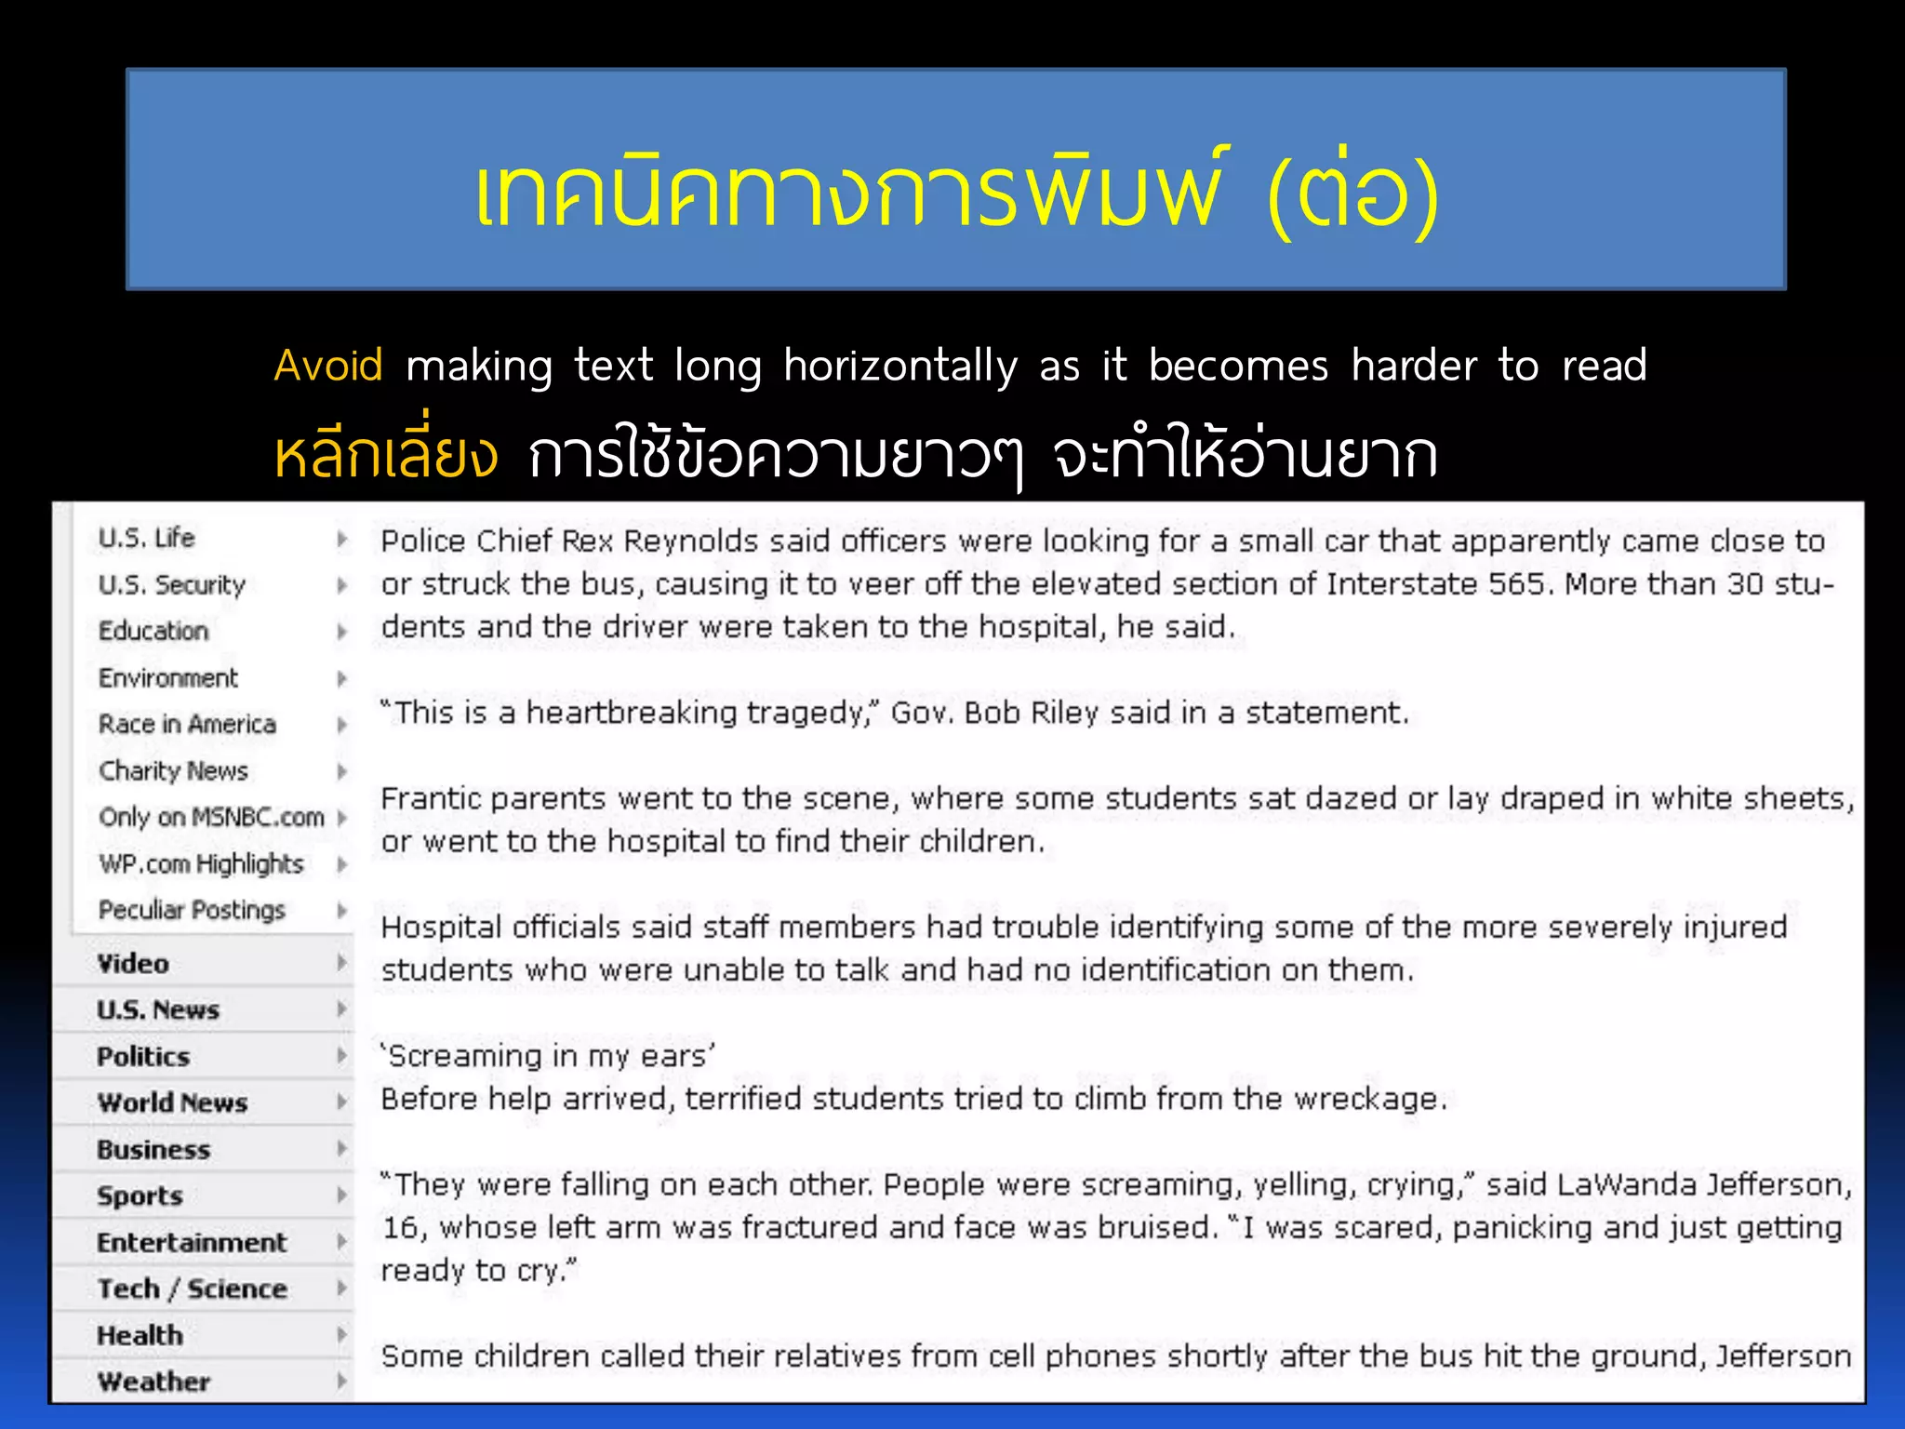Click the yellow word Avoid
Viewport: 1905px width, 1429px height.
tap(327, 365)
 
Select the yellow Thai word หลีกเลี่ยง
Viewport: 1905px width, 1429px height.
tap(385, 454)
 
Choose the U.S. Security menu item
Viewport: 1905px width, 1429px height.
tap(172, 585)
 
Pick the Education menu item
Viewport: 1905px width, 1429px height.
tap(153, 631)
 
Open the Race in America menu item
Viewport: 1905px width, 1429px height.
tap(187, 724)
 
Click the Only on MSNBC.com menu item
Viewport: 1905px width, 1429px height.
tap(211, 817)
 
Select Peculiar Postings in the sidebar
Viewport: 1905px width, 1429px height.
tap(192, 910)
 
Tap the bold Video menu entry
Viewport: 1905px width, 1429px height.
tap(133, 964)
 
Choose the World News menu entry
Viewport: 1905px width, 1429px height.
tap(172, 1102)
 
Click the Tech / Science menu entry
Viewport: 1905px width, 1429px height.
tap(192, 1289)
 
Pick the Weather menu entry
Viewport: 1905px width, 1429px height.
tap(153, 1382)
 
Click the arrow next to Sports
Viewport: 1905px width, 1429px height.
tap(341, 1195)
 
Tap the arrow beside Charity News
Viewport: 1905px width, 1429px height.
tap(341, 770)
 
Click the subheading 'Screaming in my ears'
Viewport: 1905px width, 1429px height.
tap(548, 1056)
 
